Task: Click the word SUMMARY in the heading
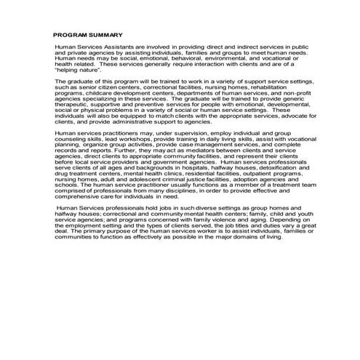tap(106, 35)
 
